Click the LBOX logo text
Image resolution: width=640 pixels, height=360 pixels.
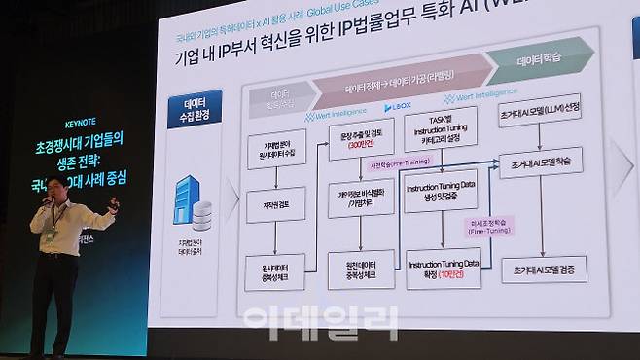(x=399, y=106)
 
